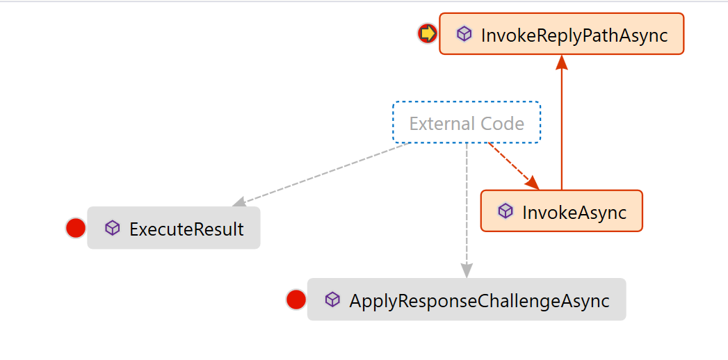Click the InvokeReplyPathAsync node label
point(574,35)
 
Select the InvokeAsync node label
point(574,213)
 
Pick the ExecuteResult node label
point(186,229)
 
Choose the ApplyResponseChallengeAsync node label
point(479,301)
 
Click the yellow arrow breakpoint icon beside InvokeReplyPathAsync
point(427,34)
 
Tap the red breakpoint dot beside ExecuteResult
point(76,228)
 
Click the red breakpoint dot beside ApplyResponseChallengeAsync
point(296,300)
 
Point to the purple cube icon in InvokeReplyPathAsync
point(464,34)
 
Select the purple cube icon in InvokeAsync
point(505,211)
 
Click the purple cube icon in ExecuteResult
point(113,228)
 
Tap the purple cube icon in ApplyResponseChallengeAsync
point(332,300)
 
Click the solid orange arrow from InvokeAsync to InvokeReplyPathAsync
point(562,122)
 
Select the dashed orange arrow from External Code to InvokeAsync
point(514,166)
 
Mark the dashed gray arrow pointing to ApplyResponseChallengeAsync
point(467,211)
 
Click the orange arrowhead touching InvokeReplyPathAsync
point(562,63)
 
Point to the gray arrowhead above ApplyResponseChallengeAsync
point(467,271)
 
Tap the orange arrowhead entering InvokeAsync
point(533,183)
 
